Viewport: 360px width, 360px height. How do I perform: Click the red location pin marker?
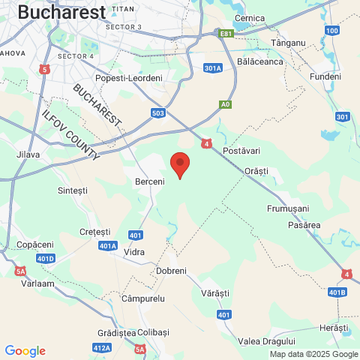point(179,163)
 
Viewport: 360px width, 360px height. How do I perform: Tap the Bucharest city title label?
point(61,12)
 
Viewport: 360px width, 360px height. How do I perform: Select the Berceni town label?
point(148,182)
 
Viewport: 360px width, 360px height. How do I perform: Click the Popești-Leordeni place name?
point(128,78)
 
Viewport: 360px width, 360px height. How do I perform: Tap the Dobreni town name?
point(171,271)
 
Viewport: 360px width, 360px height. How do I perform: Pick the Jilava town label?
point(28,154)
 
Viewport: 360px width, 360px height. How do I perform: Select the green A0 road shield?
point(225,104)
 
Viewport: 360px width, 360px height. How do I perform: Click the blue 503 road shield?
point(157,113)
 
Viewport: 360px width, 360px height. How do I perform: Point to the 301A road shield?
point(213,68)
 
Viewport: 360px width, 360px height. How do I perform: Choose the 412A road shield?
point(102,347)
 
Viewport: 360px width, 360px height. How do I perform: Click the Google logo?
point(25,351)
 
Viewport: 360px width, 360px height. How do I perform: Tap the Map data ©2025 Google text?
point(313,355)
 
